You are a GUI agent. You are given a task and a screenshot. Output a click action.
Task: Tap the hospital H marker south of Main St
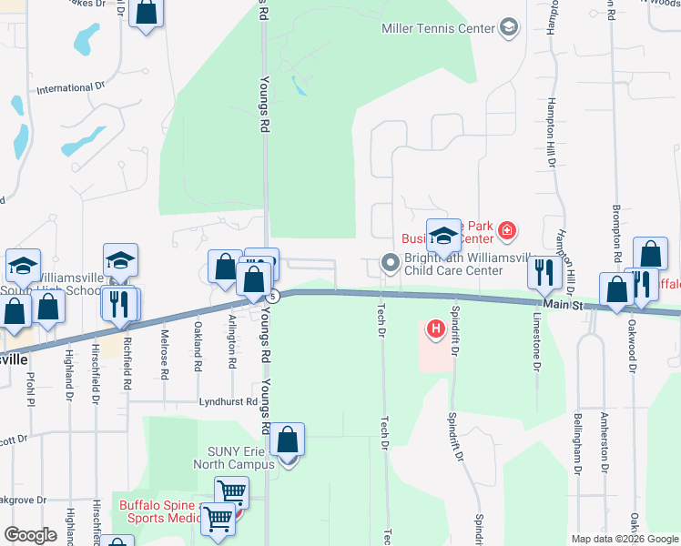436,328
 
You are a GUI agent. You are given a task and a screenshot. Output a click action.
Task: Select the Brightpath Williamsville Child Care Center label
453,264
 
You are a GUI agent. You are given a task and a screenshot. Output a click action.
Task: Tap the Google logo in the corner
30,535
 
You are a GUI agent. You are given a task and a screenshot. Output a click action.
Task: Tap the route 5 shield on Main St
272,296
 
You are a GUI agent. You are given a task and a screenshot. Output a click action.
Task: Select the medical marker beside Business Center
507,233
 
